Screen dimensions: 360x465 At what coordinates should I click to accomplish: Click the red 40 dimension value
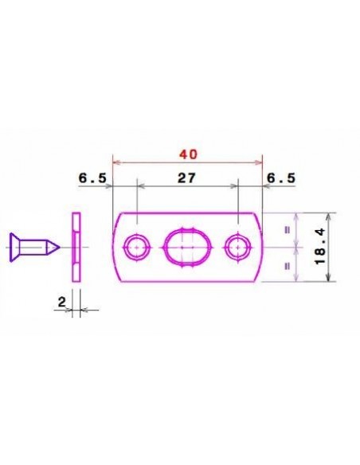pyautogui.click(x=188, y=154)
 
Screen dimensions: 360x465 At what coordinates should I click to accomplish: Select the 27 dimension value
pyautogui.click(x=186, y=178)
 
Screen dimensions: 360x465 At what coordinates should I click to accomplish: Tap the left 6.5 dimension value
pyautogui.click(x=92, y=178)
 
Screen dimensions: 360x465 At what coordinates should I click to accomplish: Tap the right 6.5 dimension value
pyautogui.click(x=281, y=178)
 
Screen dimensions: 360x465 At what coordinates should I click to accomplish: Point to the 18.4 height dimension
pyautogui.click(x=320, y=247)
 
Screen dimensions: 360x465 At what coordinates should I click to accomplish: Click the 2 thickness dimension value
pyautogui.click(x=61, y=303)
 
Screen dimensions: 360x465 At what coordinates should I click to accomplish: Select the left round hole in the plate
pyautogui.click(x=137, y=247)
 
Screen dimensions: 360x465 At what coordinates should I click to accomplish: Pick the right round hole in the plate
pyautogui.click(x=238, y=247)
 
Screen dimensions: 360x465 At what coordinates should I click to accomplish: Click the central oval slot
pyautogui.click(x=188, y=247)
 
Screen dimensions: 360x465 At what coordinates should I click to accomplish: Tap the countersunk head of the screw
pyautogui.click(x=14, y=248)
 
